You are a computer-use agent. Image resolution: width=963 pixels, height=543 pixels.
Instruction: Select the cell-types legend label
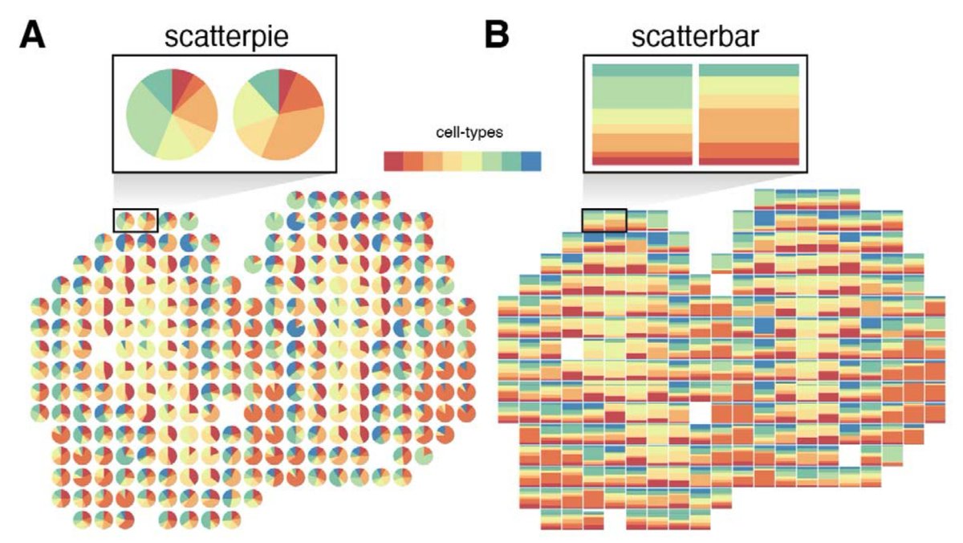[462, 133]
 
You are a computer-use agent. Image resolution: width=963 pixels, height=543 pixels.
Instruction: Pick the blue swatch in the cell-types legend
[531, 161]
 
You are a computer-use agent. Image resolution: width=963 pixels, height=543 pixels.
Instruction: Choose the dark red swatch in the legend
[393, 161]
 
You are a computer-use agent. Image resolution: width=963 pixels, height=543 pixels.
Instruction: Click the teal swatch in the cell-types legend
[512, 161]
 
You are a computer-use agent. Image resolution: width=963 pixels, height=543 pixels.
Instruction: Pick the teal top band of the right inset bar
[749, 70]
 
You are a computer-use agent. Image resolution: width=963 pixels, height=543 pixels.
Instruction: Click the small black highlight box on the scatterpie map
[136, 221]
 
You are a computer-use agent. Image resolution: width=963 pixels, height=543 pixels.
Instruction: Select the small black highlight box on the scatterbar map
[603, 218]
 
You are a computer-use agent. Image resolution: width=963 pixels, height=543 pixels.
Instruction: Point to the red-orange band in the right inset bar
[749, 150]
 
